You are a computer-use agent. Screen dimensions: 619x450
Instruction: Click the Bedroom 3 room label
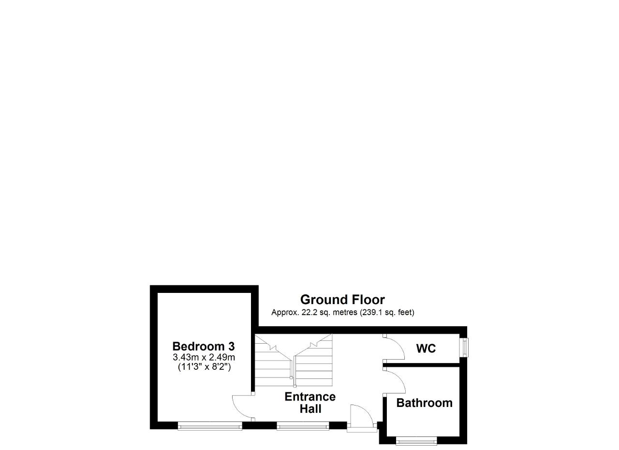204,346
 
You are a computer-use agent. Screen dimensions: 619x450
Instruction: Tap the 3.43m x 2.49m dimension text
204,357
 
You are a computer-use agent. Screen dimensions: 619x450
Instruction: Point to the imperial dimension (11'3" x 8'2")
204,367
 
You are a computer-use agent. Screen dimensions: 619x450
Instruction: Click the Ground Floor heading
342,300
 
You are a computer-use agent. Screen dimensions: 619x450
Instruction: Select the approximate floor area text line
343,312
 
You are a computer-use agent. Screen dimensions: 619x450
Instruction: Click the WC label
426,348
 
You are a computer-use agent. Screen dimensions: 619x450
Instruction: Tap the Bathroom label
425,403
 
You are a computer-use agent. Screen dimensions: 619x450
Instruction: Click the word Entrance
310,397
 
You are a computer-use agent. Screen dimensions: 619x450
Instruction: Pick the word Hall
310,409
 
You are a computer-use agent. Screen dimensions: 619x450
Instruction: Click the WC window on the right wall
464,348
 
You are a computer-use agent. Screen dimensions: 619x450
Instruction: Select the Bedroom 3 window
210,426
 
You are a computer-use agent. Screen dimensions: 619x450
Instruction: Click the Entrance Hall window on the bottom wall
303,426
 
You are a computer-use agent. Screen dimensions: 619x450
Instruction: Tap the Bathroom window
416,441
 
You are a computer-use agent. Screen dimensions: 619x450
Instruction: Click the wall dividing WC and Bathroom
421,365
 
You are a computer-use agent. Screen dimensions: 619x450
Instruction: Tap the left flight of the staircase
273,361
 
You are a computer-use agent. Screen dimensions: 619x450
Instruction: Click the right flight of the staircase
313,360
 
